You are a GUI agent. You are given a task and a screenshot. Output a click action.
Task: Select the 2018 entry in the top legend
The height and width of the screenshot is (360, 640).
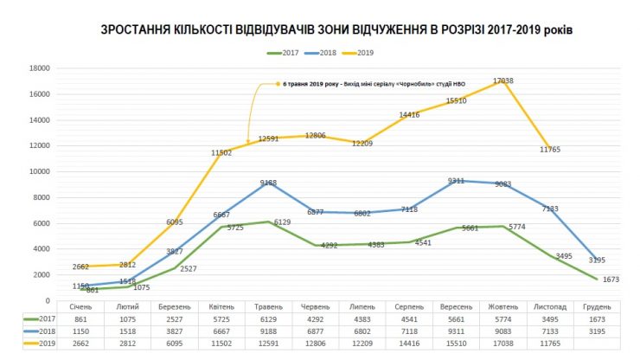coord(325,54)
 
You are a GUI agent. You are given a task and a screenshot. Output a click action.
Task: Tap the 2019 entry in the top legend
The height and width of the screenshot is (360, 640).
coord(363,54)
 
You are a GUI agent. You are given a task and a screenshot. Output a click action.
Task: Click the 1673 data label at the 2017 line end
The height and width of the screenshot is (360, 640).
coord(610,280)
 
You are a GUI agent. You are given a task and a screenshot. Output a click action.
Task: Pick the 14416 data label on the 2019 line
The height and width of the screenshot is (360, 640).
coord(409,114)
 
